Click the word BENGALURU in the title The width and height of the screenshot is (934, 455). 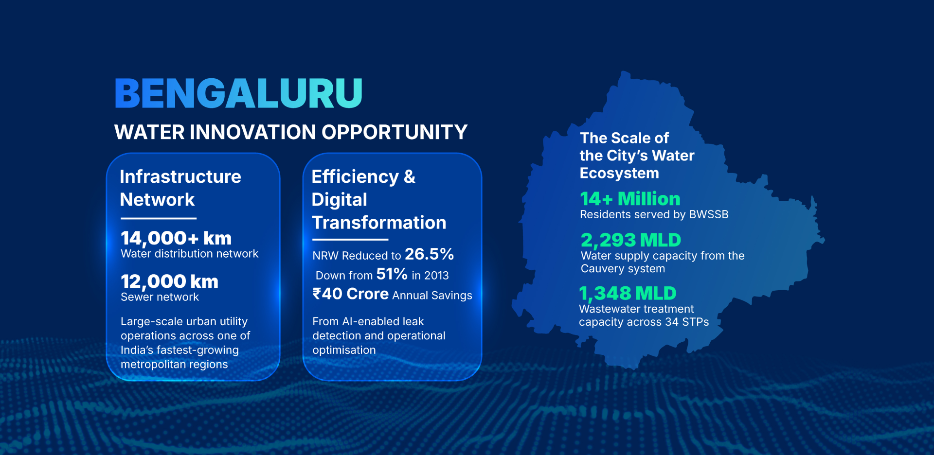238,93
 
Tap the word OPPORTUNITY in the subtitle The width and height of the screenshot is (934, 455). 395,132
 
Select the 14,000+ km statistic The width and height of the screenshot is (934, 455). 176,238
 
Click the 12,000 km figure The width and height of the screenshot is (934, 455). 169,281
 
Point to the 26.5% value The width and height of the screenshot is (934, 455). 429,254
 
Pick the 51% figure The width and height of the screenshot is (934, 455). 392,274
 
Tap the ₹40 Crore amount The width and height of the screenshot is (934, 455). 350,294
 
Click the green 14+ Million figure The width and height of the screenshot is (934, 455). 630,199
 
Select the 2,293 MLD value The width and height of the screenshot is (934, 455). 631,240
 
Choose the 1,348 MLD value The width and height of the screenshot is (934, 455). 628,293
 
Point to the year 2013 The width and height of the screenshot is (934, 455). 436,276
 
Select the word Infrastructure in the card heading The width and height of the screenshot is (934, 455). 180,176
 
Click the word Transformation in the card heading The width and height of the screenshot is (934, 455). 379,223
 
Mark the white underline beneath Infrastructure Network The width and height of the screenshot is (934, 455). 159,218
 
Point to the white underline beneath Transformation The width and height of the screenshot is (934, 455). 350,240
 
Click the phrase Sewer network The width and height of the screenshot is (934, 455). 160,297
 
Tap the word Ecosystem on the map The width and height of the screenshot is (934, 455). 619,174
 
